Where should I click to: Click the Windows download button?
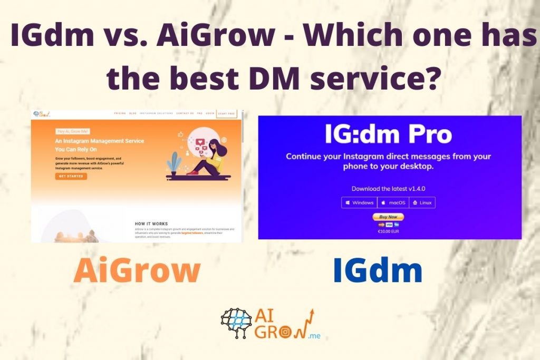coord(359,202)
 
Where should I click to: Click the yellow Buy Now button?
coord(388,217)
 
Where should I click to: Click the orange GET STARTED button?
coord(71,176)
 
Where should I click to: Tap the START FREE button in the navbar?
coord(227,113)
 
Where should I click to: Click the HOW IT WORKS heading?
coord(151,223)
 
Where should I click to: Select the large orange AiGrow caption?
coord(137,271)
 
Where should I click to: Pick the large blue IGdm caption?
coord(378,271)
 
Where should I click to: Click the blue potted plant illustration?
coord(173,163)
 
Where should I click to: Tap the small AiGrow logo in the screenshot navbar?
coord(41,113)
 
